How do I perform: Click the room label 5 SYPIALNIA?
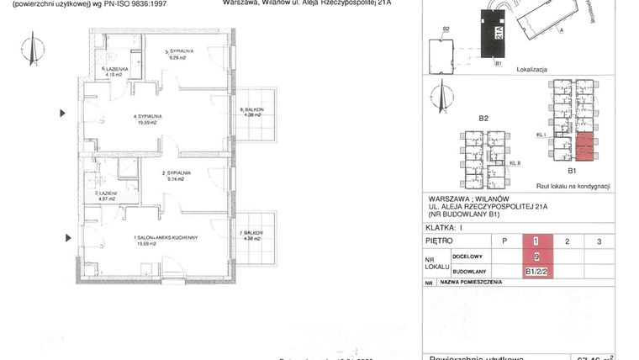click(181, 55)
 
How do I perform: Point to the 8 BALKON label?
click(253, 112)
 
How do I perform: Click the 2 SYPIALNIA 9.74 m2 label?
click(178, 175)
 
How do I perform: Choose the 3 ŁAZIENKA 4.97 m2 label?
click(108, 196)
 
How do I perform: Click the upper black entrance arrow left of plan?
click(61, 112)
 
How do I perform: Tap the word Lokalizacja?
click(533, 73)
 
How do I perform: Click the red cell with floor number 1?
click(536, 241)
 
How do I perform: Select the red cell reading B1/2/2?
click(536, 271)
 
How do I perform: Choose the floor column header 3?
click(598, 241)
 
